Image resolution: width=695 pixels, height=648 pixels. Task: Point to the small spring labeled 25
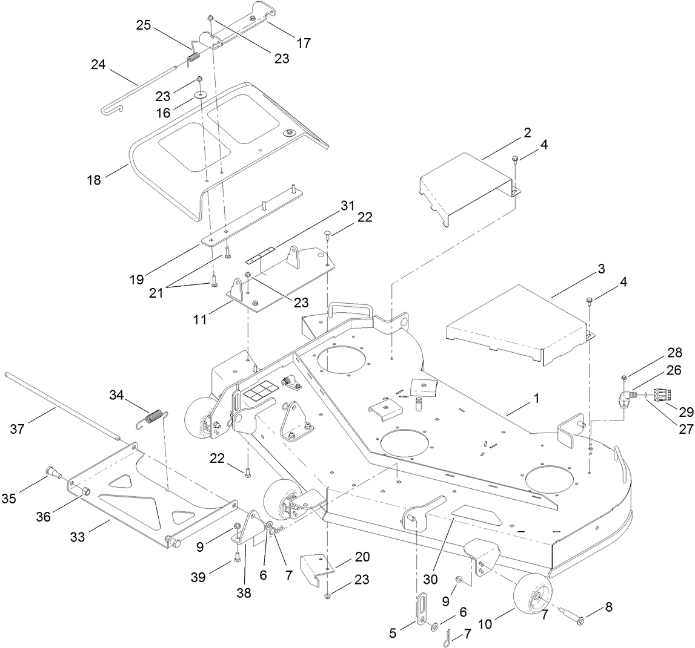point(193,58)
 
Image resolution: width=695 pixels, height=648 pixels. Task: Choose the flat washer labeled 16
point(199,95)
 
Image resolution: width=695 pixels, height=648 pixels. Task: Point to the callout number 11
point(201,318)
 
